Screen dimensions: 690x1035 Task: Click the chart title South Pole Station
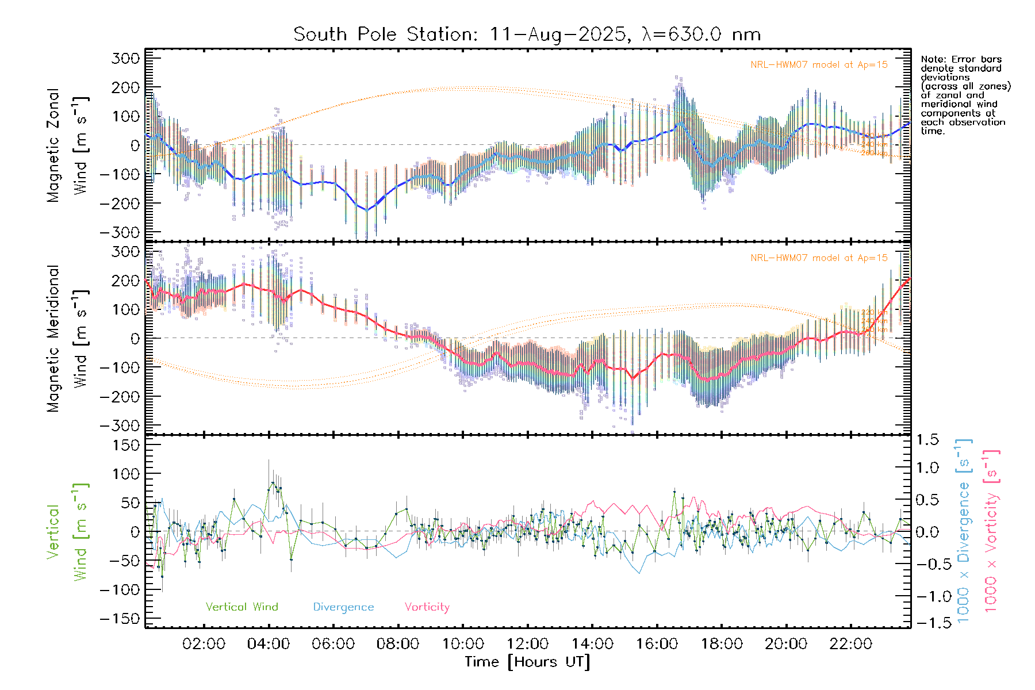(x=527, y=34)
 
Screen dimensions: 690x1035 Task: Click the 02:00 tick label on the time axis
(x=204, y=644)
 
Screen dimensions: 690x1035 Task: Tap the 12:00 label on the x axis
(x=527, y=644)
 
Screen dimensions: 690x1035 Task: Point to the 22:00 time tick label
(x=851, y=644)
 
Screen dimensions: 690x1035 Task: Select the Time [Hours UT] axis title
(x=527, y=662)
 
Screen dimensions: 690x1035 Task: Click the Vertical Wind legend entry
(x=241, y=607)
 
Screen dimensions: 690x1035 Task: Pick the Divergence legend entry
(x=343, y=607)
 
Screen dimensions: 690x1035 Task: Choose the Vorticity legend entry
(x=427, y=607)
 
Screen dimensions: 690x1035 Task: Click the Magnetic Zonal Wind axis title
(x=68, y=145)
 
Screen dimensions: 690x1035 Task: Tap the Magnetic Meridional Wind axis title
(x=68, y=338)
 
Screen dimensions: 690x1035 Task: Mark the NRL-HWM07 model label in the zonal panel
(x=819, y=65)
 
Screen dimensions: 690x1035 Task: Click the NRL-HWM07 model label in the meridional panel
(x=819, y=258)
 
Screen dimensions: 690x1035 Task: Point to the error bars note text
(x=965, y=95)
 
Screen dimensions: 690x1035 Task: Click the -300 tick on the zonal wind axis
(x=120, y=232)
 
